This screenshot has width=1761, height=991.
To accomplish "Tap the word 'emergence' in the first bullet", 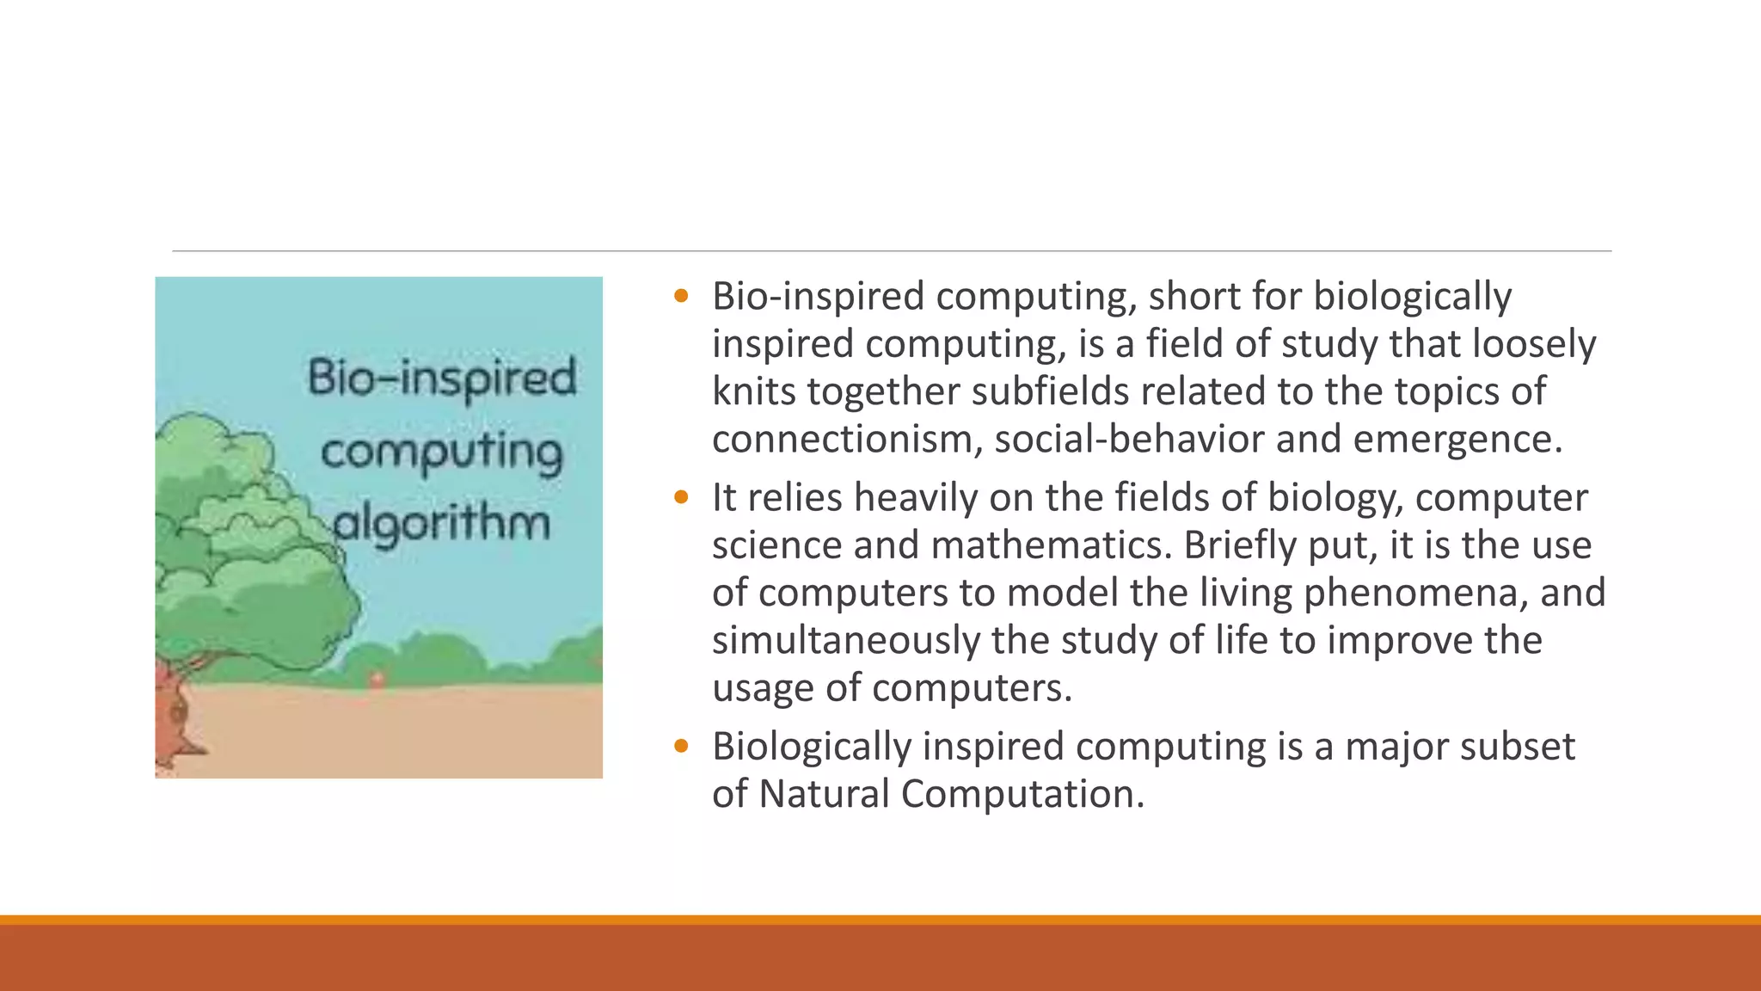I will tap(1457, 440).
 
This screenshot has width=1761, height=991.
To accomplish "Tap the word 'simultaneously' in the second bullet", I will tap(845, 641).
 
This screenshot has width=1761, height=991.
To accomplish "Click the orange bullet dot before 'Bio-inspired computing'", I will tap(682, 297).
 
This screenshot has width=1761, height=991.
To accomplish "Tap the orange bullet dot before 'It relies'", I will tap(682, 497).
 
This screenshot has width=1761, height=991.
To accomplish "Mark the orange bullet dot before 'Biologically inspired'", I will tap(682, 746).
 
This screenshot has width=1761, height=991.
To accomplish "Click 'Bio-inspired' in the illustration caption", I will tap(442, 379).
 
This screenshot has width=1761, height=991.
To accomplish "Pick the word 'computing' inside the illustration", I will tap(442, 452).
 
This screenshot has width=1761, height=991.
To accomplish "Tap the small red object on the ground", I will tap(376, 680).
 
